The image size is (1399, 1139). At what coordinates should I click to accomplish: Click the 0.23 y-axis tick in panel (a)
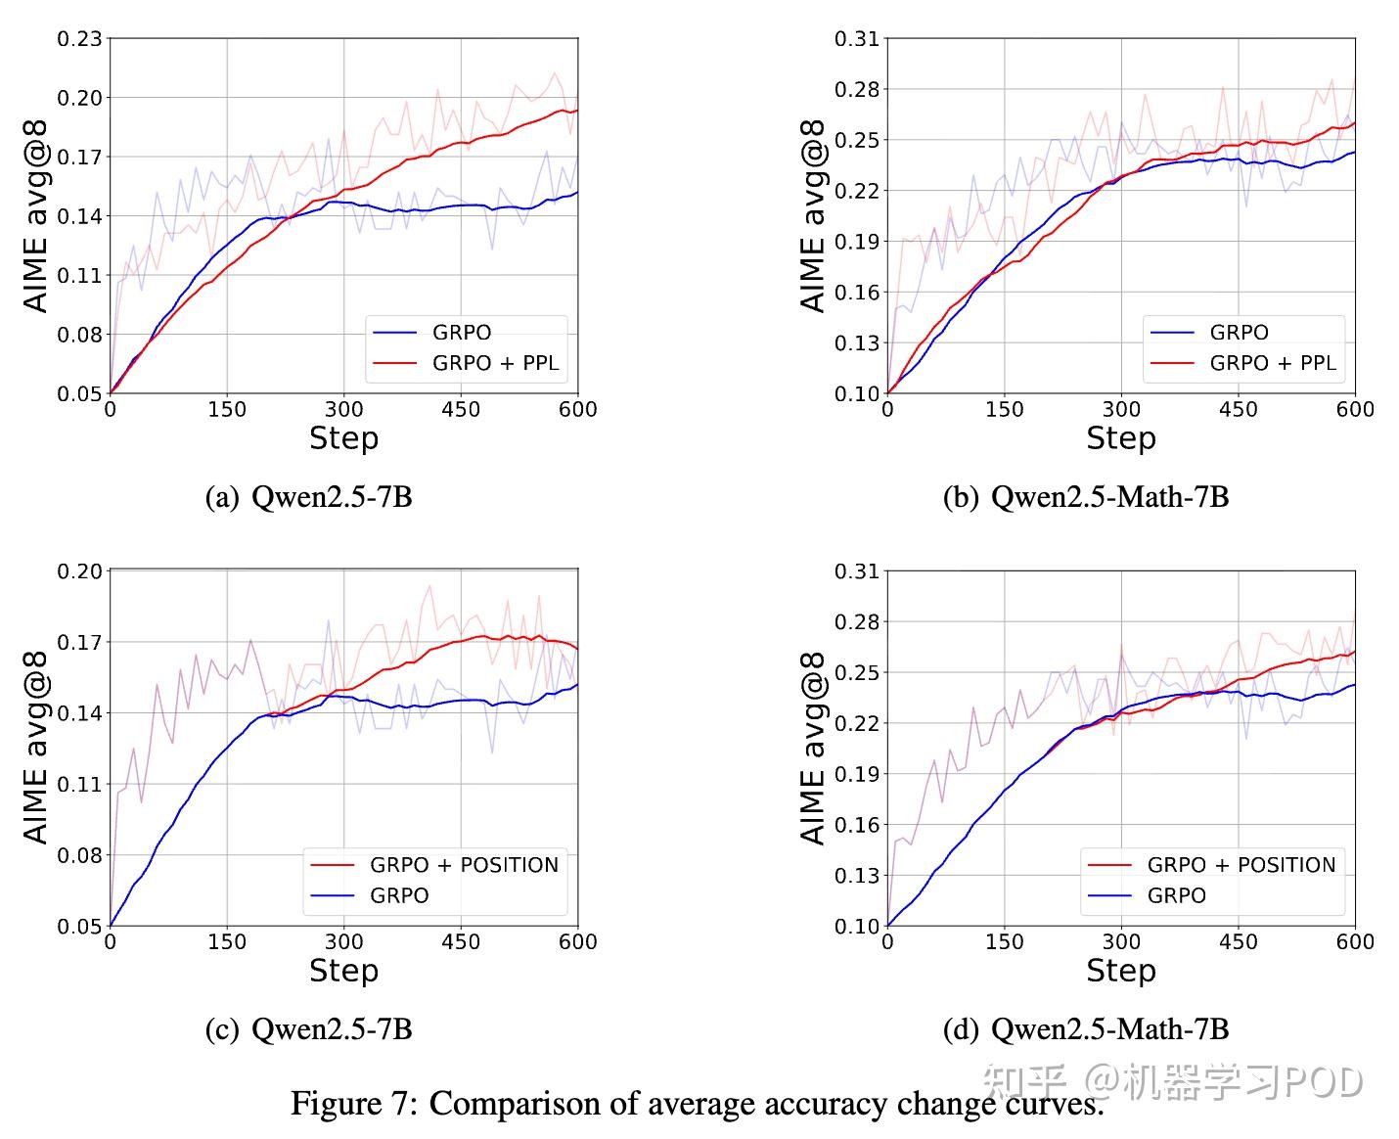[x=79, y=39]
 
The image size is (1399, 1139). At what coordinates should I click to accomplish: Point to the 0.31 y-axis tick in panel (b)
[x=856, y=39]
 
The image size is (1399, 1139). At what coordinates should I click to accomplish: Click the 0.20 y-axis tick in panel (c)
[x=79, y=571]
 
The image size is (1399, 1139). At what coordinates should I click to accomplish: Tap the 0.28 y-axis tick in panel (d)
[x=856, y=622]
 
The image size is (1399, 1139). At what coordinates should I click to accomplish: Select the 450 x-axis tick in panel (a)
[x=461, y=409]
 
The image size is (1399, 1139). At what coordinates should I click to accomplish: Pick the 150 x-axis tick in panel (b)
[x=1004, y=409]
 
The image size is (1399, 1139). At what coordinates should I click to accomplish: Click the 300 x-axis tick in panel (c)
[x=343, y=941]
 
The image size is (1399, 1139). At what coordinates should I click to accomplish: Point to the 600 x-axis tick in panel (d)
[x=1355, y=941]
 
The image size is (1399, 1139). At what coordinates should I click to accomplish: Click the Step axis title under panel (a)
[x=343, y=438]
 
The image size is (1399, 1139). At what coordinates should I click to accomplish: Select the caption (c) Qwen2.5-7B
[x=308, y=1029]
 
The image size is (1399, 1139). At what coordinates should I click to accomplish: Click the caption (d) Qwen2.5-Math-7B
[x=1085, y=1029]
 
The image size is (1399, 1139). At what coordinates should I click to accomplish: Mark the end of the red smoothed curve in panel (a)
[x=577, y=111]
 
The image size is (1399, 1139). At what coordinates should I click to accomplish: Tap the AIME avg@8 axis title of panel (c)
[x=36, y=749]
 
